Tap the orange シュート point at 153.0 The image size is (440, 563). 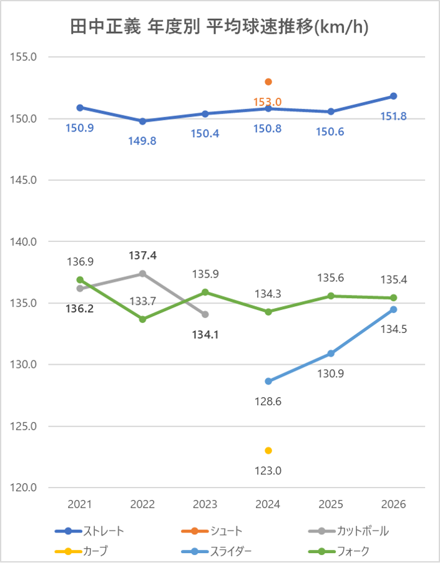click(x=268, y=82)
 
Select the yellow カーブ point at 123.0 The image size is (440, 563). click(x=268, y=450)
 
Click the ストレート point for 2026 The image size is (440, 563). click(x=394, y=96)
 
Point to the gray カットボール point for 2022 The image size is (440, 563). click(x=143, y=274)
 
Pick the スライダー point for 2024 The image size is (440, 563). click(x=268, y=381)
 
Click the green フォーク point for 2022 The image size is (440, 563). click(x=143, y=319)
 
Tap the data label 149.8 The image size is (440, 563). click(x=143, y=141)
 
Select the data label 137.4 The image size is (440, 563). click(x=143, y=256)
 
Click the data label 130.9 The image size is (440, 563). click(x=331, y=374)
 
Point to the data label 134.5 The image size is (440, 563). click(x=394, y=329)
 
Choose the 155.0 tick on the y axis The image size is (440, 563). click(x=25, y=57)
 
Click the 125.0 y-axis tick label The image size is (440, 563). click(x=25, y=426)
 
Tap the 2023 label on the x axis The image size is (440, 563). click(x=205, y=504)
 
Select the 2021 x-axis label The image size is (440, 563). click(x=80, y=504)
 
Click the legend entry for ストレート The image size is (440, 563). click(x=90, y=531)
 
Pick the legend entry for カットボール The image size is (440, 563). click(x=350, y=531)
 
